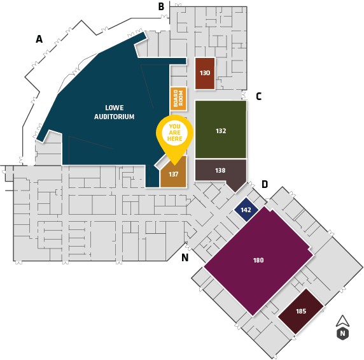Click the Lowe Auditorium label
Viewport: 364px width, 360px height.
click(114, 112)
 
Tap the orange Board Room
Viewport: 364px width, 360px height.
click(178, 99)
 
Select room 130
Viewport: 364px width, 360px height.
click(205, 73)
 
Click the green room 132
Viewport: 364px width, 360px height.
click(221, 129)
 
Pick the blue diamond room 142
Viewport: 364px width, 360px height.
click(246, 210)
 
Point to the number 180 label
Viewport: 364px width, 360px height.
click(258, 260)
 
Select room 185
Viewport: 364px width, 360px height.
click(301, 312)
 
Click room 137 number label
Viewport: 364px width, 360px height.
click(174, 175)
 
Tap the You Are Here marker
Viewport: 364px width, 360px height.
click(174, 137)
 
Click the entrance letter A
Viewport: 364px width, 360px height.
click(39, 39)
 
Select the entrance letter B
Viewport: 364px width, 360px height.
click(161, 6)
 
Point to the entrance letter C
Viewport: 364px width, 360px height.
click(259, 96)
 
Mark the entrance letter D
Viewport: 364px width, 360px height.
click(265, 184)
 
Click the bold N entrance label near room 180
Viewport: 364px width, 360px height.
click(185, 257)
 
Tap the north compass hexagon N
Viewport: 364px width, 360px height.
click(342, 333)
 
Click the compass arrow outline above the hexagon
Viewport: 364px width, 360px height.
click(342, 322)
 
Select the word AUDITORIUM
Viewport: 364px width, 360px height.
click(114, 117)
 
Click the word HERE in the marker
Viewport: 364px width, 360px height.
click(175, 139)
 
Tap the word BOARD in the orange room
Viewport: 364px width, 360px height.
click(176, 99)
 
